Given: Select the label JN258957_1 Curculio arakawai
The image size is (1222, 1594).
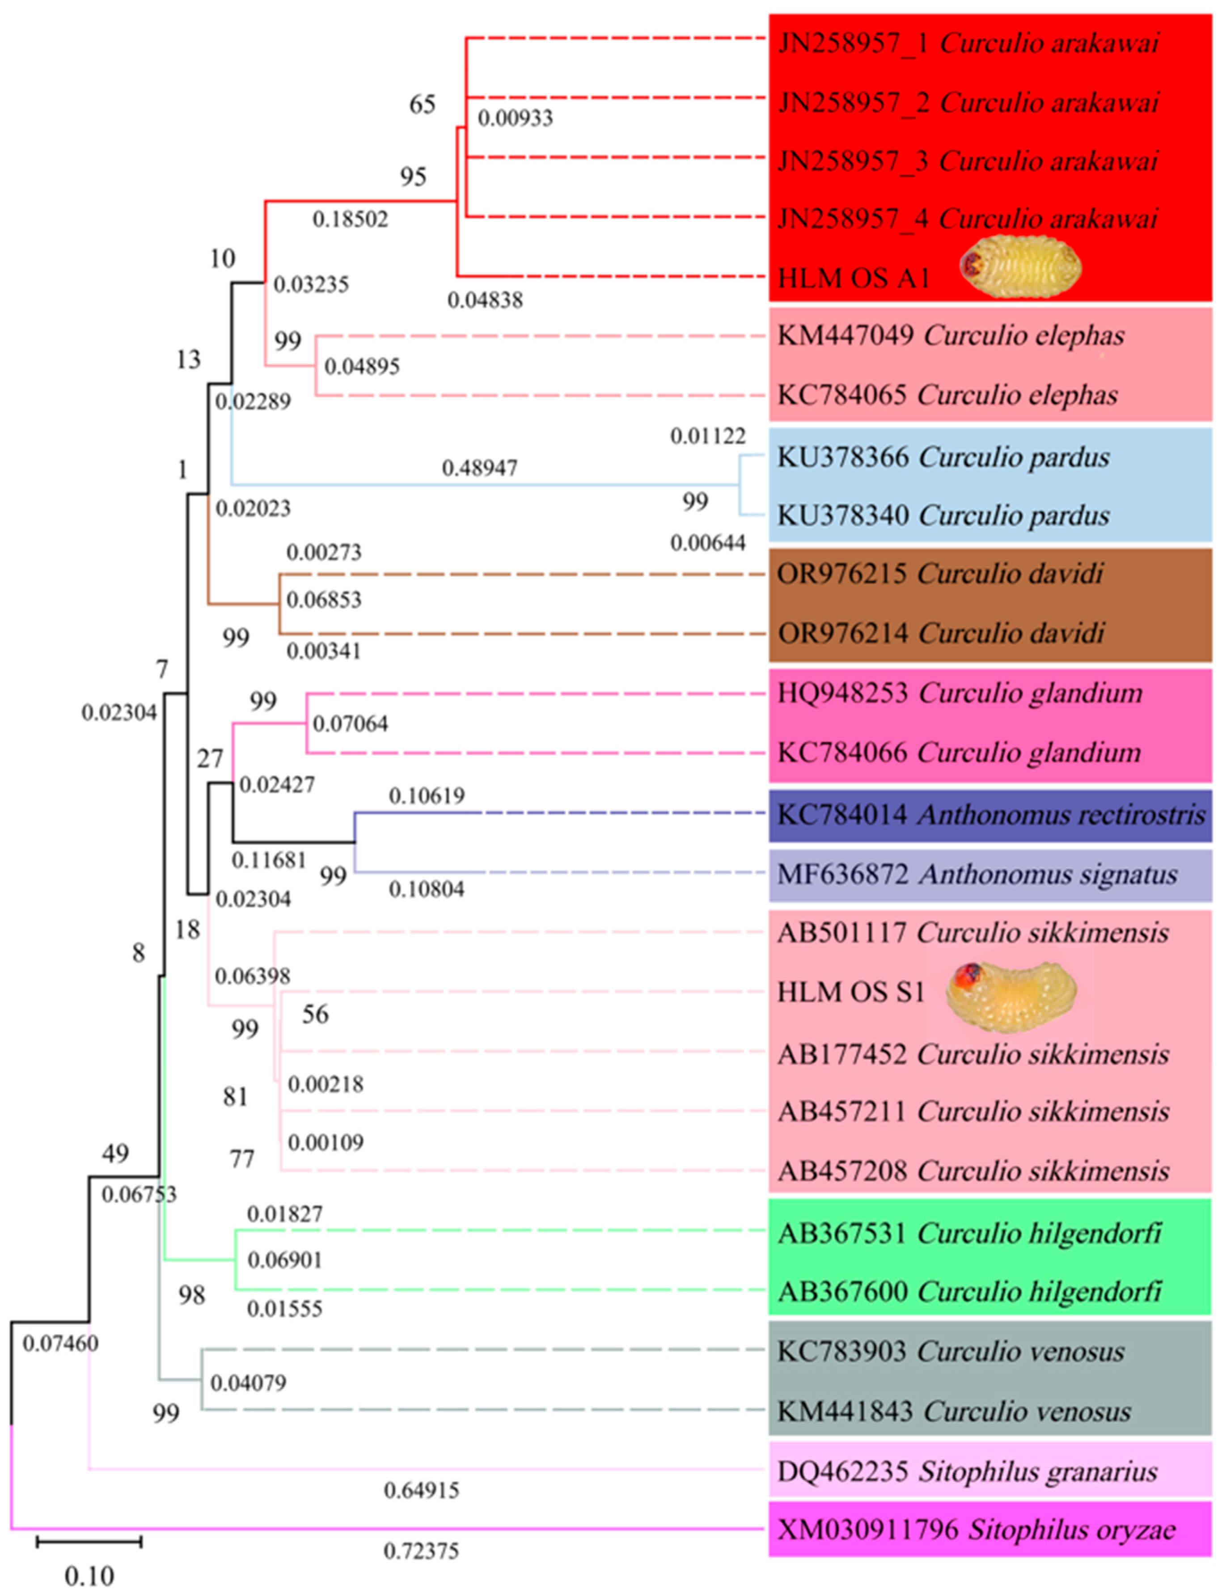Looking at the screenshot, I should [x=968, y=44].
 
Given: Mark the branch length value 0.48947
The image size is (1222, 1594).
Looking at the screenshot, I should [x=479, y=468].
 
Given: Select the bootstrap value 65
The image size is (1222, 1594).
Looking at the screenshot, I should [x=422, y=105].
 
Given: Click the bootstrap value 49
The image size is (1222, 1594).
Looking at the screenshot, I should [x=115, y=1153].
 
